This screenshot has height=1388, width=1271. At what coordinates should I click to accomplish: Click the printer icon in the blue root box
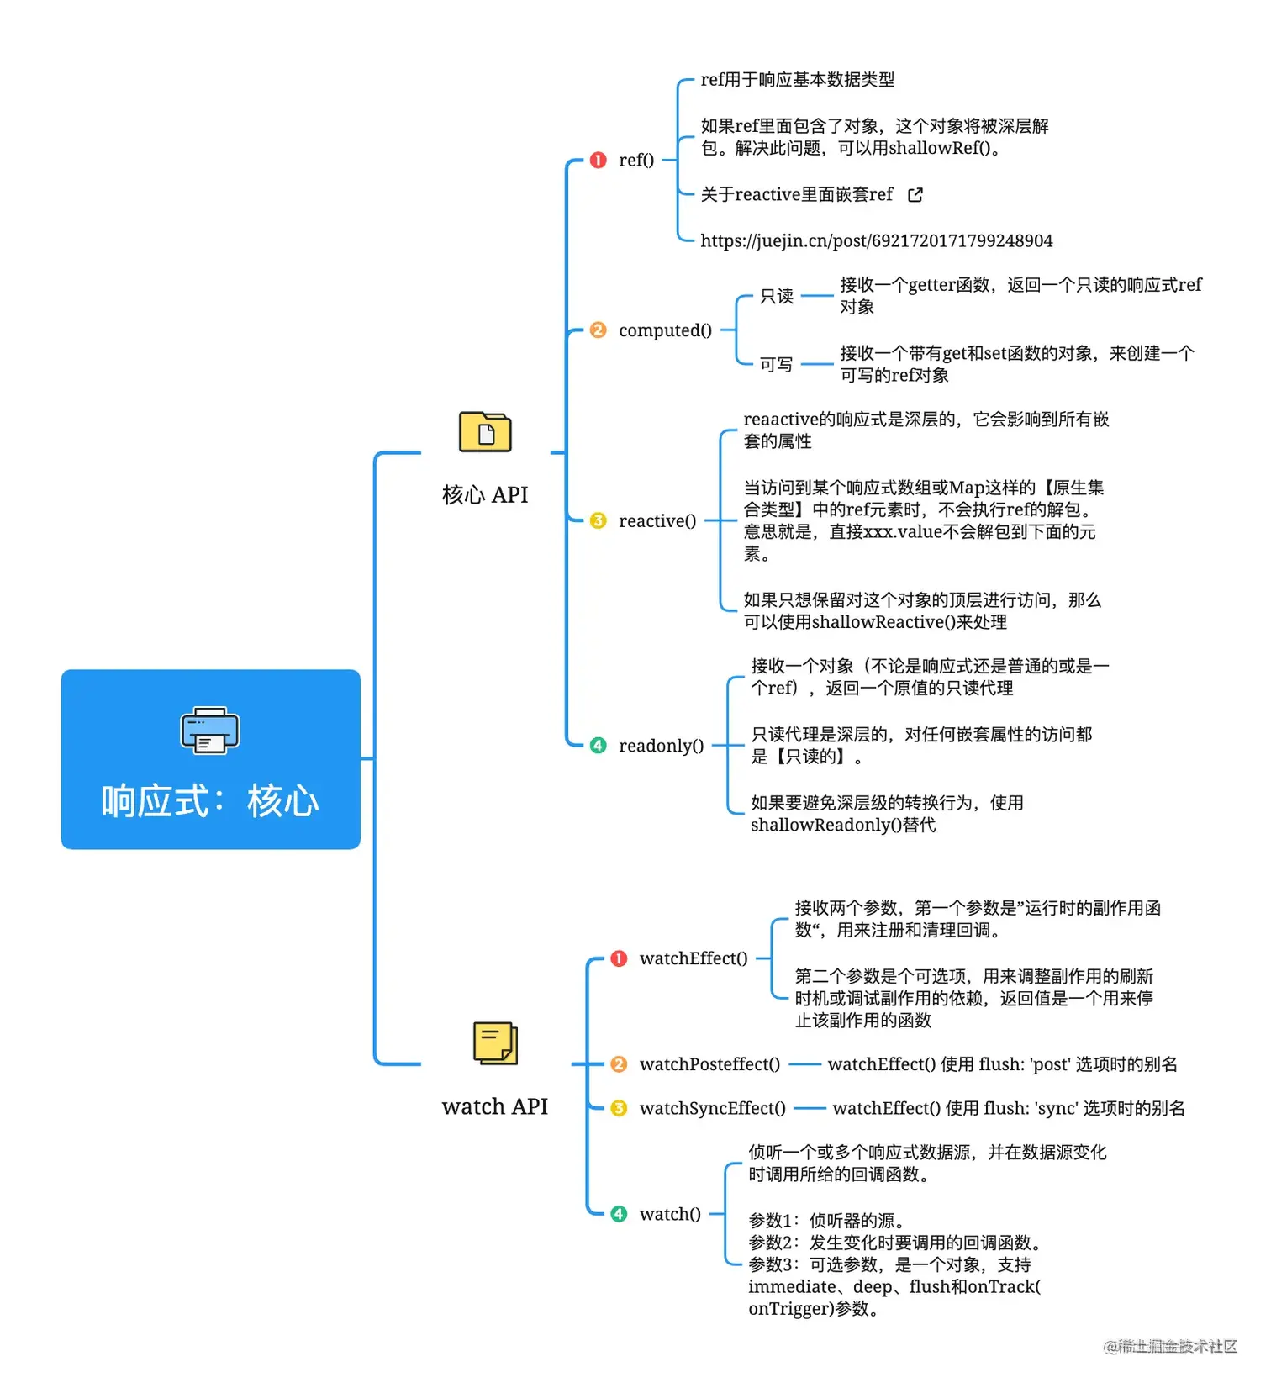[x=210, y=730]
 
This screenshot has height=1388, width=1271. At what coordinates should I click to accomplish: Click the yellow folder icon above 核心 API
[x=485, y=432]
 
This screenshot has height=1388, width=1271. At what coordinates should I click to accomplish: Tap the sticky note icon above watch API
[x=495, y=1043]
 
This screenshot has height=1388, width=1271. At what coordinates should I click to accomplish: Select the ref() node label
[x=636, y=160]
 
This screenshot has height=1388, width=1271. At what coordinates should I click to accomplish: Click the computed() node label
[x=665, y=330]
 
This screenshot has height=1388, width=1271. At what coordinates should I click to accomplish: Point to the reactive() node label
[x=657, y=521]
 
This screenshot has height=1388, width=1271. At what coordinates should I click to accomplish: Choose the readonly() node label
[x=661, y=746]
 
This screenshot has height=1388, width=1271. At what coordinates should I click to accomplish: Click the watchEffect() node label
[x=694, y=958]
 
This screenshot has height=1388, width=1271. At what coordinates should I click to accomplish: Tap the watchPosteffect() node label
[x=709, y=1064]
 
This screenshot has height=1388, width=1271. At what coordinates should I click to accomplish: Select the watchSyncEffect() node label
[x=713, y=1108]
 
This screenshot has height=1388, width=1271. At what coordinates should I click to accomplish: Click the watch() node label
[x=670, y=1214]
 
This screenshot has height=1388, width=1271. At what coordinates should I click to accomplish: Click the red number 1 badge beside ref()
[x=598, y=160]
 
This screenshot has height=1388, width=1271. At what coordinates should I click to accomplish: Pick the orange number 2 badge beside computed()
[x=598, y=330]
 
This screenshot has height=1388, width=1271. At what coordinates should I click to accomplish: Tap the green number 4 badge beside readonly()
[x=598, y=746]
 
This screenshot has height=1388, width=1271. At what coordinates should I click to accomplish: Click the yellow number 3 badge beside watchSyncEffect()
[x=619, y=1108]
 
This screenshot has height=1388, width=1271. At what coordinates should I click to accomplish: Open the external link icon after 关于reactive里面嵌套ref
[x=915, y=195]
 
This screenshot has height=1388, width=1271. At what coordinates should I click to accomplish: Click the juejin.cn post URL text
[x=876, y=241]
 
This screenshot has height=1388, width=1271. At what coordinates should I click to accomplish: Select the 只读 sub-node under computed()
[x=776, y=296]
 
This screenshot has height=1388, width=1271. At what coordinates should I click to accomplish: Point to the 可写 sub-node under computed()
[x=776, y=364]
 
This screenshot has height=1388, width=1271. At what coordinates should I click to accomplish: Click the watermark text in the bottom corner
[x=1170, y=1347]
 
